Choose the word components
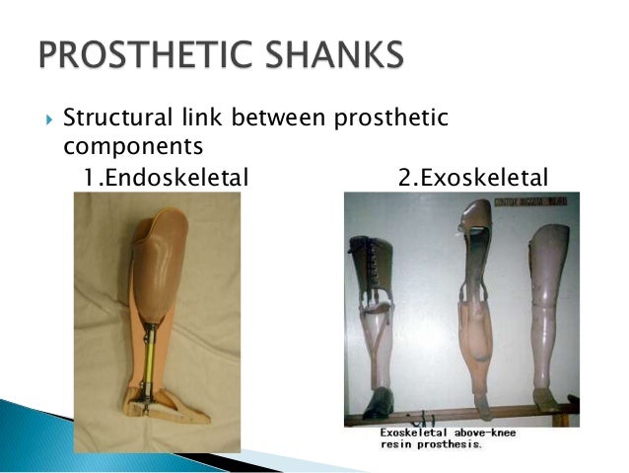click(x=119, y=147)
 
